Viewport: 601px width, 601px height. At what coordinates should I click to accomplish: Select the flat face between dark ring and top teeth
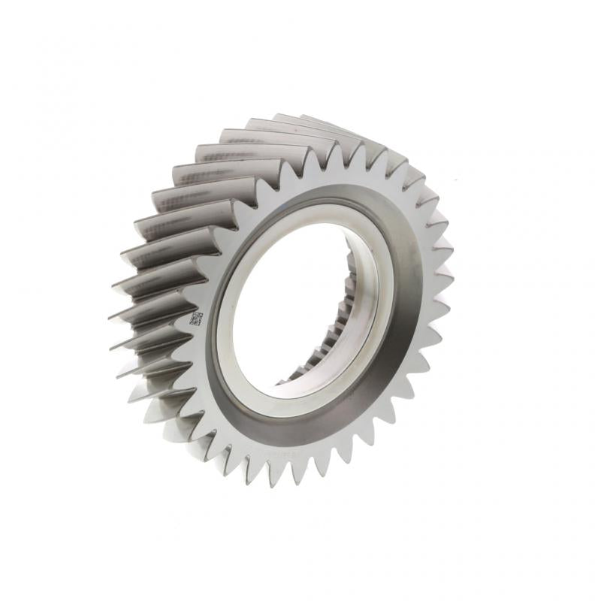(331, 177)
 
